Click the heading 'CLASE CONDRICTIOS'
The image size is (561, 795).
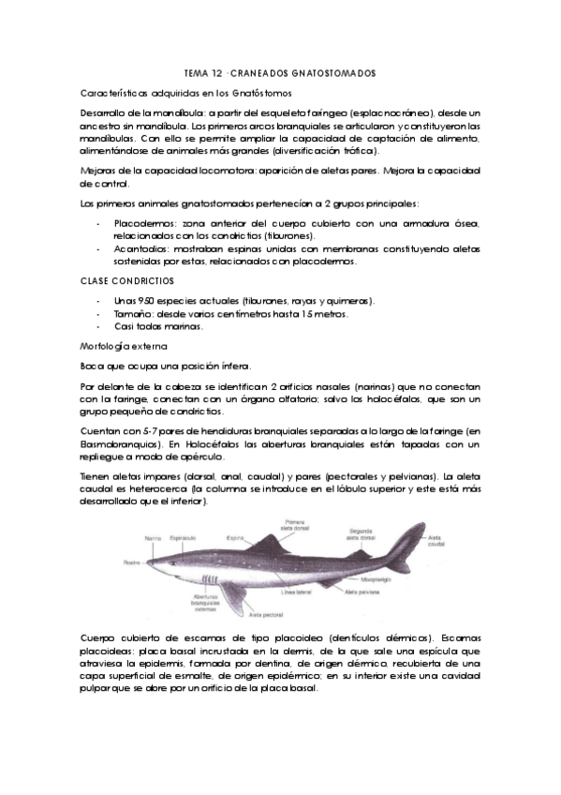(x=124, y=280)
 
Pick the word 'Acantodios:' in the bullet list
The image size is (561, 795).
(x=140, y=251)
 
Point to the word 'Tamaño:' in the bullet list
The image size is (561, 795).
(x=135, y=314)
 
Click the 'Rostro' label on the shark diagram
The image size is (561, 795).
(x=129, y=562)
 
